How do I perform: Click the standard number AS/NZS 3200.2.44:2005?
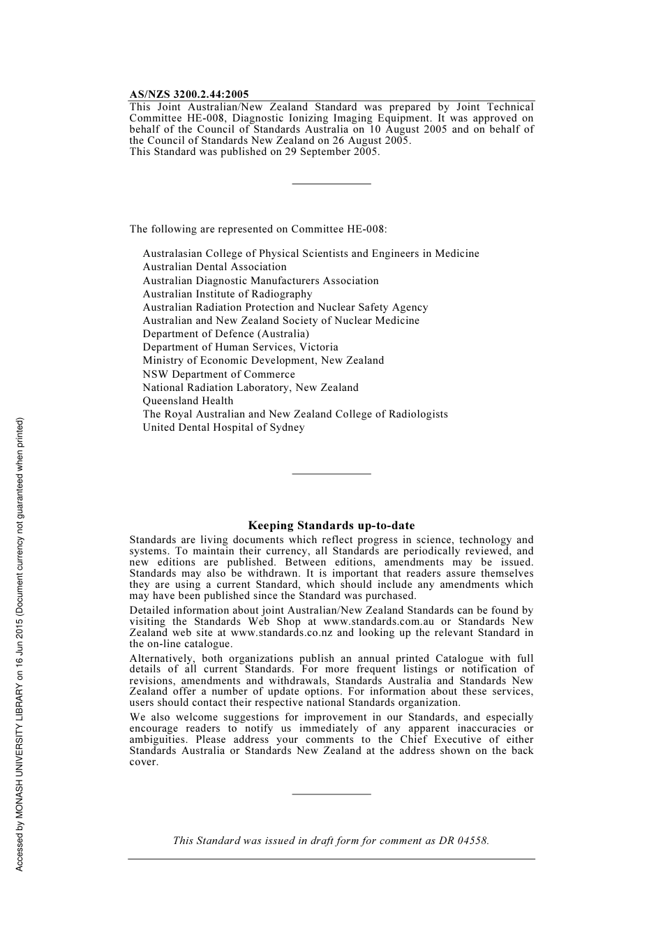click(x=188, y=94)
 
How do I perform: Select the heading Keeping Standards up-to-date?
click(x=331, y=526)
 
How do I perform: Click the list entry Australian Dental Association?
click(x=214, y=267)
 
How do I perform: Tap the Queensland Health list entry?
click(x=188, y=401)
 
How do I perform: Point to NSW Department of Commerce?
click(x=218, y=374)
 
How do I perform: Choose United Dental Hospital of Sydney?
click(x=223, y=427)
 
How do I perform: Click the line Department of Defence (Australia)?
click(x=225, y=334)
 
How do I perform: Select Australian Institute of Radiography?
click(x=228, y=294)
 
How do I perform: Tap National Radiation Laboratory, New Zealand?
click(x=251, y=387)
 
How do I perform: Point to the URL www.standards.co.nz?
click(x=283, y=633)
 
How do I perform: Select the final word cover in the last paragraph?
click(x=143, y=762)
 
